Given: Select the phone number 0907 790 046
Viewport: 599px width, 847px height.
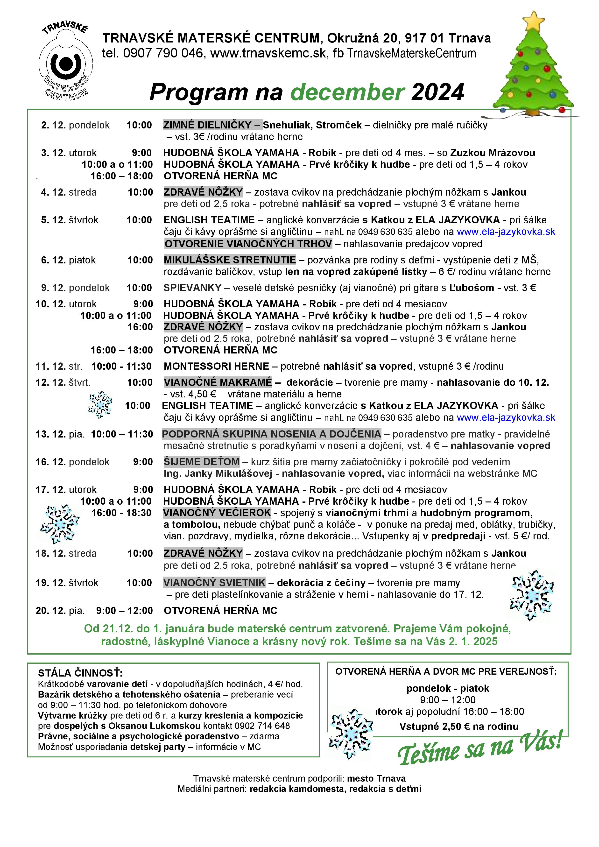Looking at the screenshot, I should [x=163, y=54].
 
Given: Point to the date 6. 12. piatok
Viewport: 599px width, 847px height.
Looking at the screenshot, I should [x=68, y=260].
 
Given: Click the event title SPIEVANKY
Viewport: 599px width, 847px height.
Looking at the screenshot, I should [x=192, y=288].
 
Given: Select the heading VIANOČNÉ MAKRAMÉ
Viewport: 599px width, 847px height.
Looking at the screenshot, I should [x=218, y=382].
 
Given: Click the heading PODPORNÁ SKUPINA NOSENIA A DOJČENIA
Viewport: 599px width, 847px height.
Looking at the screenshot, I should [x=271, y=434].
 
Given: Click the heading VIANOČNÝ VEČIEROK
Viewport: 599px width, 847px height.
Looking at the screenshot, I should [x=217, y=513].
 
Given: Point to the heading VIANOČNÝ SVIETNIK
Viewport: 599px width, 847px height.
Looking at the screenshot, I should [x=214, y=583].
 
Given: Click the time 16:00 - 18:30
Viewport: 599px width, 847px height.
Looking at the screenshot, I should [x=121, y=513].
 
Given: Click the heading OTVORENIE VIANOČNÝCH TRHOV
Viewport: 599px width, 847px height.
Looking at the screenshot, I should [x=248, y=244].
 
